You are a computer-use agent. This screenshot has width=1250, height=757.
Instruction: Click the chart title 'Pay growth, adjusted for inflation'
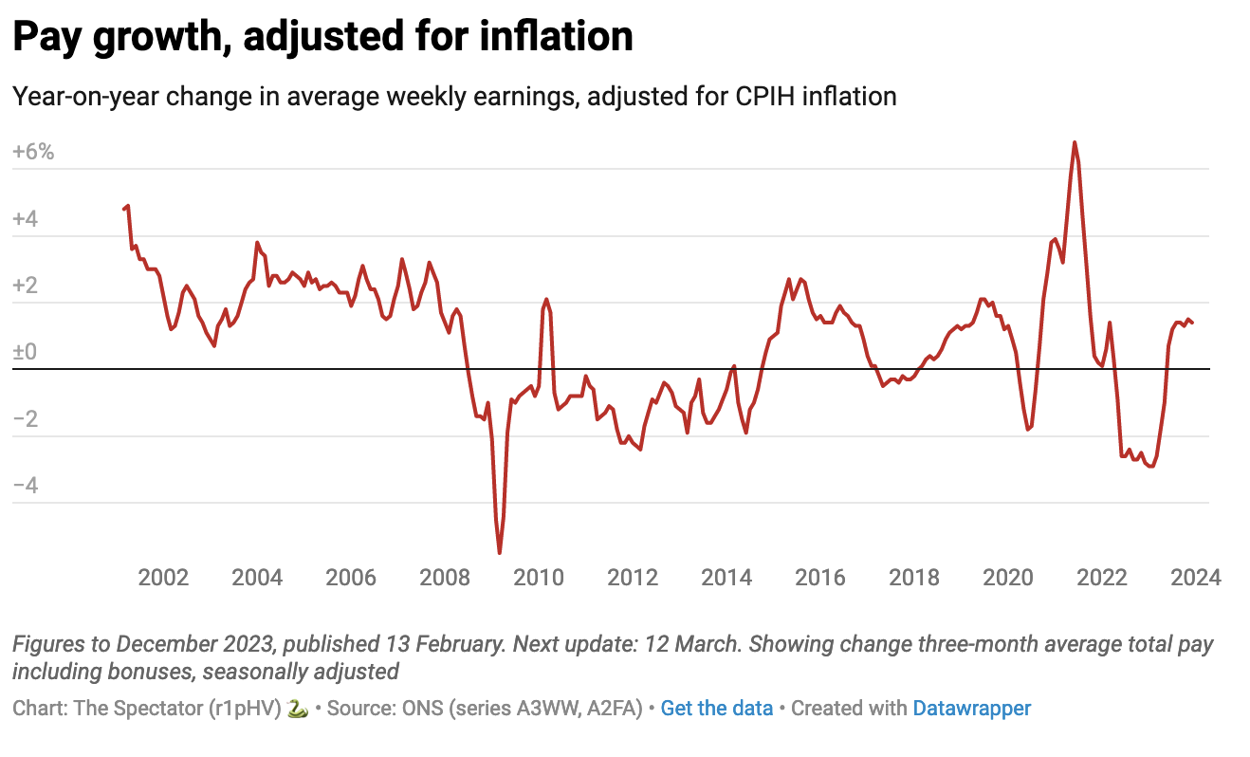(322, 38)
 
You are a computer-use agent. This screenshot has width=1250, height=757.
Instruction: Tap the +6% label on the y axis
(34, 153)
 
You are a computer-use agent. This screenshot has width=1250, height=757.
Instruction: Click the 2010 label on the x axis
(539, 578)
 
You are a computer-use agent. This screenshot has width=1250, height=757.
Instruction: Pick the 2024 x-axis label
(1195, 578)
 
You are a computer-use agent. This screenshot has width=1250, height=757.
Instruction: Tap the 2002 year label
(163, 578)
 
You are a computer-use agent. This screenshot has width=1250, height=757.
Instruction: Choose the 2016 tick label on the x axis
(820, 578)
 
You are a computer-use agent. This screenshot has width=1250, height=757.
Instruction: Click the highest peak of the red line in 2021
(1074, 142)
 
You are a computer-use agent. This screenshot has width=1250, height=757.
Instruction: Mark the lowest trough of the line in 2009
(500, 552)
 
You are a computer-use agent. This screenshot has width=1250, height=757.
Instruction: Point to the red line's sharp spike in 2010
(546, 300)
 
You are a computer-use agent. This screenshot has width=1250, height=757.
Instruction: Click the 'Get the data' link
(716, 708)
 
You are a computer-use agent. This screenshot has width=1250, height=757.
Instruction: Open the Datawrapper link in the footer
(971, 708)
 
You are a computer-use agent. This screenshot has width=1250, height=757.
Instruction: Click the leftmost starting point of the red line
(124, 209)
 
